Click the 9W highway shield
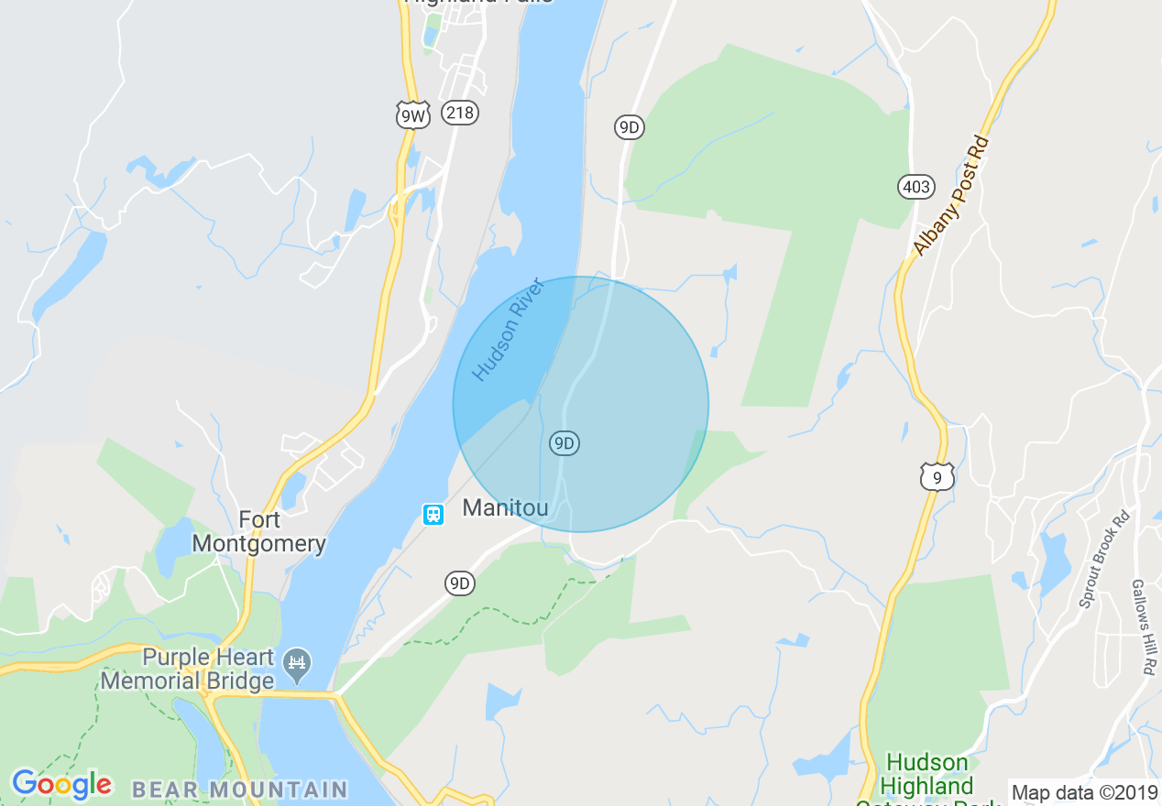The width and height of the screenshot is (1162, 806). coord(413,114)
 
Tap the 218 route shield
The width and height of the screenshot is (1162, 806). coord(459,113)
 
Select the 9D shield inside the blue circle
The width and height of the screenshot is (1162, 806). coord(565,444)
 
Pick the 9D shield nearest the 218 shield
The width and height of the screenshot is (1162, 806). coord(629,127)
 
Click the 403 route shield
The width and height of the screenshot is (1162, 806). coord(915,187)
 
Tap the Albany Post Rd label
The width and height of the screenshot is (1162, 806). coord(951,196)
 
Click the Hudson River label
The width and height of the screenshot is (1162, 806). coord(509,329)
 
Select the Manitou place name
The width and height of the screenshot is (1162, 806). coord(505,507)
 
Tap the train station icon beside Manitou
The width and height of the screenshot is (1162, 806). coord(433,514)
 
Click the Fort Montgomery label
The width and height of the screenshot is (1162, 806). coord(259,532)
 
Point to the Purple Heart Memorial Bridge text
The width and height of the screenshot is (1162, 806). coord(188,669)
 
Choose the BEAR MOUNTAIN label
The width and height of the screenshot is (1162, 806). coord(240,789)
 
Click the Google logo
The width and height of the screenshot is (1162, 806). coord(61,784)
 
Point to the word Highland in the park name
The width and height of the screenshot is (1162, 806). coord(926,786)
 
